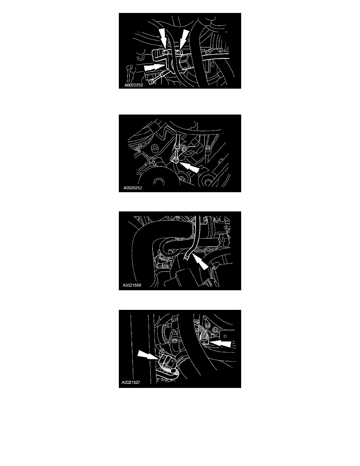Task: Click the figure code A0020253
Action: [x=134, y=85]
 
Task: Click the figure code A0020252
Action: [x=133, y=188]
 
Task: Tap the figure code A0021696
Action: [x=132, y=285]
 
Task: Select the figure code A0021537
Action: [x=131, y=382]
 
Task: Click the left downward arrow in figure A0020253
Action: [x=163, y=38]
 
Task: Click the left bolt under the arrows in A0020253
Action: [x=165, y=52]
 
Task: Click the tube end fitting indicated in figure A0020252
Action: [x=175, y=161]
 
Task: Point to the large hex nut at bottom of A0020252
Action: [x=158, y=181]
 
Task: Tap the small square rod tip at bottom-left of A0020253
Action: [x=151, y=82]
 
